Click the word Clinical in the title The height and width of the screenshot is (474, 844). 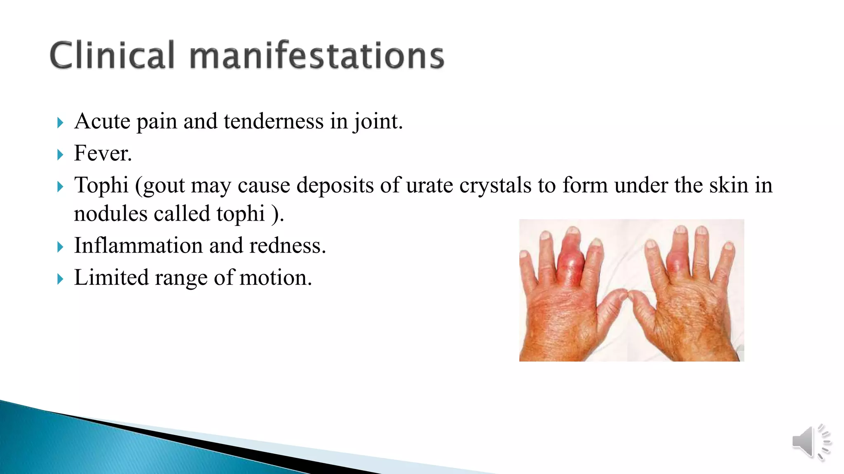click(x=112, y=56)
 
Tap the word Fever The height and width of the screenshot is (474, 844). click(x=103, y=153)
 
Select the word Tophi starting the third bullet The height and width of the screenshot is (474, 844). click(x=101, y=185)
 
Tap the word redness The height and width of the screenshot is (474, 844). click(x=287, y=246)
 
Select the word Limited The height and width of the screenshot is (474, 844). click(x=111, y=278)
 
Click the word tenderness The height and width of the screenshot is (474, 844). click(x=273, y=122)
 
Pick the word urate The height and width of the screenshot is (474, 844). click(x=429, y=185)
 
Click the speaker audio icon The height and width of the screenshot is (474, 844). click(x=809, y=442)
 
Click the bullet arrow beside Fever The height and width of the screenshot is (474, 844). click(x=60, y=155)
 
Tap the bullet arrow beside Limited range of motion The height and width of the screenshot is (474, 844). click(x=60, y=279)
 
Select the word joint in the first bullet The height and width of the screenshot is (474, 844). click(x=377, y=122)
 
